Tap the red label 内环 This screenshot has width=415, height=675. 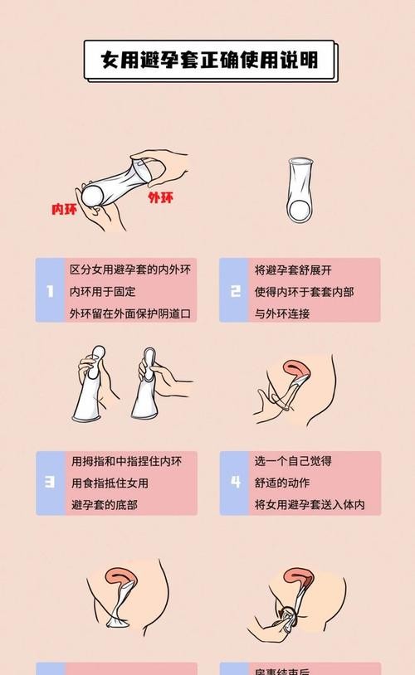pos(65,210)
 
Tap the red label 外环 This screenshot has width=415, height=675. pos(160,197)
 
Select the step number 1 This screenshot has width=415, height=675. pos(50,291)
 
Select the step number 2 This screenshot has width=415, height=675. pos(236,291)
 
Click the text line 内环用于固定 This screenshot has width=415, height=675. pos(103,292)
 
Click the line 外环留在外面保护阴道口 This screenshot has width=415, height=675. pos(129,313)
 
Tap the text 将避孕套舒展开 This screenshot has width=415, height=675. pos(292,270)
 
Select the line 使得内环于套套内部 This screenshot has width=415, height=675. pos(304,292)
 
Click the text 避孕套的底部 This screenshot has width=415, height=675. pos(104,505)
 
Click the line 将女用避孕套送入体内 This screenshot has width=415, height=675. pos(310,505)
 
